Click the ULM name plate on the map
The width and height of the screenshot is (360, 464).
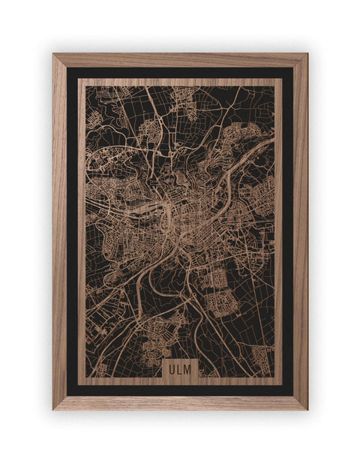(180, 369)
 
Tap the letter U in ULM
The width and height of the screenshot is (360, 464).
(172, 369)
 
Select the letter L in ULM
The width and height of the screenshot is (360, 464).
(180, 369)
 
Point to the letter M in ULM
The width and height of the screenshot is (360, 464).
(189, 369)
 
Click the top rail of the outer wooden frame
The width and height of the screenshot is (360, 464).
(180, 60)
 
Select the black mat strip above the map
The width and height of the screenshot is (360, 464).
(180, 73)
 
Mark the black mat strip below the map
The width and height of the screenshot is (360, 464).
(180, 390)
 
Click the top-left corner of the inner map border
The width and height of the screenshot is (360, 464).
(79, 80)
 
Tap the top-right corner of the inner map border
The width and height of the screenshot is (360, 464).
(281, 80)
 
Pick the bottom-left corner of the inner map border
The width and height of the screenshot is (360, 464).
(79, 383)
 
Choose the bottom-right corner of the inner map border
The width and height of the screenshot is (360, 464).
(281, 383)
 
